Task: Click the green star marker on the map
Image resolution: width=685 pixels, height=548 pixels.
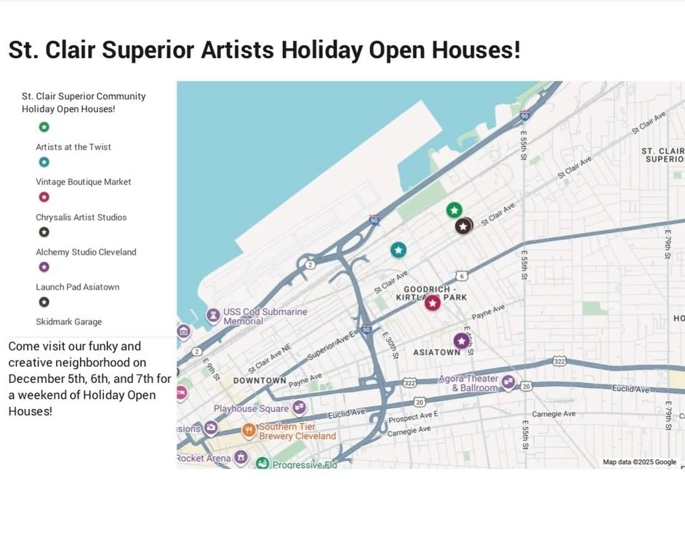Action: [x=454, y=210]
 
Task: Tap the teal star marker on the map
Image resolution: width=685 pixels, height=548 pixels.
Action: [x=398, y=250]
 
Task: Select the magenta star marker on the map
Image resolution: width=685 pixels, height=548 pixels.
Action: [x=433, y=303]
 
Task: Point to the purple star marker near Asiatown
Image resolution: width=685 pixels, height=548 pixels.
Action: [x=460, y=340]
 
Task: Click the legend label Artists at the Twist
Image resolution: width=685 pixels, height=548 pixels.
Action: [x=73, y=147]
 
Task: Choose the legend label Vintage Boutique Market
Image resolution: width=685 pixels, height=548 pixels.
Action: [x=84, y=182]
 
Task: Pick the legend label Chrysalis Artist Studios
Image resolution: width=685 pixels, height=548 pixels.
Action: [x=81, y=217]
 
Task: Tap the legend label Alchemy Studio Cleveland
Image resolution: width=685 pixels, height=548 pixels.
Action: [x=86, y=252]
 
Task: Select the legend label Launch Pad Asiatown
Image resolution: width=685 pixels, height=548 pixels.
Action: [x=78, y=287]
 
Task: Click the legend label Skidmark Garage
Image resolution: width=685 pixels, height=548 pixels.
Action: [x=69, y=322]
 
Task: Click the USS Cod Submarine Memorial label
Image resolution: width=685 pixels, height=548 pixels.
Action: [x=265, y=316]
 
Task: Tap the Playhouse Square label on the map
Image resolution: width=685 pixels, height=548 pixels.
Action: [x=251, y=408]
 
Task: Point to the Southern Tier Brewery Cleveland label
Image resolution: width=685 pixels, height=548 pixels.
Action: [x=297, y=431]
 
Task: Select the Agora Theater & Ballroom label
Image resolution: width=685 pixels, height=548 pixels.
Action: [x=468, y=384]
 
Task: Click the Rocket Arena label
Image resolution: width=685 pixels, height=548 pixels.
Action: [x=204, y=458]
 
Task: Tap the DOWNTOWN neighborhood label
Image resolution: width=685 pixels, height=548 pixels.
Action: [x=260, y=381]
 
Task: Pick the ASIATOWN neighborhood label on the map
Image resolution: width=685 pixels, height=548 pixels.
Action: [x=437, y=352]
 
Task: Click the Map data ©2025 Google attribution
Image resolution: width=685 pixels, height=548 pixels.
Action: [x=639, y=462]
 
